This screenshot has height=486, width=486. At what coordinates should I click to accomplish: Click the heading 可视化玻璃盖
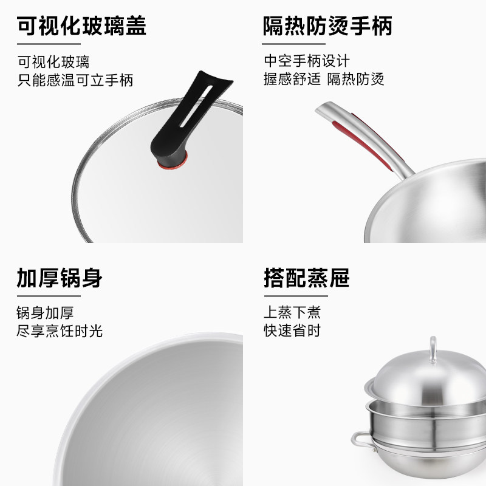pyautogui.click(x=81, y=26)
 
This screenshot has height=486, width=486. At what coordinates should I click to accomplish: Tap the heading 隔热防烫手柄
pyautogui.click(x=327, y=26)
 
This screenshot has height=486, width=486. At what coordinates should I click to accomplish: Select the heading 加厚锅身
pyautogui.click(x=60, y=278)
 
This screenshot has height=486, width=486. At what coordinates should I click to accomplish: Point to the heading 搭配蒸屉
pyautogui.click(x=307, y=278)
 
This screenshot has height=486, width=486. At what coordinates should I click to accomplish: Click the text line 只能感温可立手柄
pyautogui.click(x=75, y=80)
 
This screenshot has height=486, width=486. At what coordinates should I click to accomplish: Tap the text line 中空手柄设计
pyautogui.click(x=307, y=61)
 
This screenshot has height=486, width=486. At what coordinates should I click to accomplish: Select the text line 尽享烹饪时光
pyautogui.click(x=60, y=330)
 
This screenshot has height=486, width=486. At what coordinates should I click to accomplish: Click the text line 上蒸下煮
pyautogui.click(x=292, y=312)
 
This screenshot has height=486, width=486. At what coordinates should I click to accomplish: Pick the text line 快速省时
pyautogui.click(x=292, y=330)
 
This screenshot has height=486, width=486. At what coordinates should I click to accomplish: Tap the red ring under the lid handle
pyautogui.click(x=173, y=163)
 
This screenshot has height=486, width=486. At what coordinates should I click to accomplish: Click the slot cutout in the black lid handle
pyautogui.click(x=196, y=106)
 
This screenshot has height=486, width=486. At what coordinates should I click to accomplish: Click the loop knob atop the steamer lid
pyautogui.click(x=433, y=350)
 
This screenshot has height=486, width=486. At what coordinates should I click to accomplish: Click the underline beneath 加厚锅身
pyautogui.click(x=49, y=296)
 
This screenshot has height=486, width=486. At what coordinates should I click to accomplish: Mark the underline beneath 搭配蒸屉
pyautogui.click(x=296, y=296)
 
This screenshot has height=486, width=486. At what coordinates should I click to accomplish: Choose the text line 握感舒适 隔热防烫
pyautogui.click(x=324, y=79)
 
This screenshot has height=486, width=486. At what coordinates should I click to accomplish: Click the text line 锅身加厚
pyautogui.click(x=45, y=312)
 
